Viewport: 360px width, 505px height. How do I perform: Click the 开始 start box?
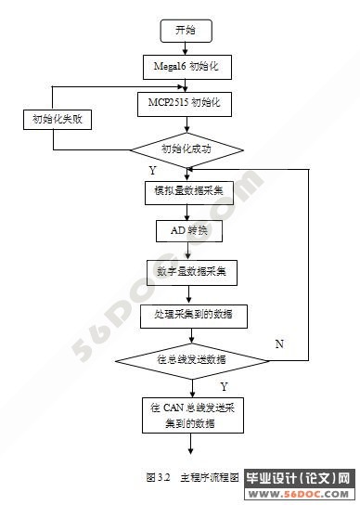click(186, 30)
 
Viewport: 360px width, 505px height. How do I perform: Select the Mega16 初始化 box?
click(186, 67)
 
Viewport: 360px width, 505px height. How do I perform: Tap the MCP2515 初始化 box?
click(186, 99)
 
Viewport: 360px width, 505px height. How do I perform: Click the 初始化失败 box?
click(52, 120)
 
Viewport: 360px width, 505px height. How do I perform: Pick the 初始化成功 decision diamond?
click(186, 149)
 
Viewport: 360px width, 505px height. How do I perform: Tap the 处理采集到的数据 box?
click(192, 316)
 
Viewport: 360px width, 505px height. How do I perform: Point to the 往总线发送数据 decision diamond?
click(190, 358)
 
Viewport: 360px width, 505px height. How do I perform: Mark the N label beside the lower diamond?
click(278, 343)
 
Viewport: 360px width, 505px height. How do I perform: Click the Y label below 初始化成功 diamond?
click(152, 172)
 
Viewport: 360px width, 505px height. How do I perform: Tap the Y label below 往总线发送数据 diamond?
click(223, 384)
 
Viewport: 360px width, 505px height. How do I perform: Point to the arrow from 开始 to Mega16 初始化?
click(186, 48)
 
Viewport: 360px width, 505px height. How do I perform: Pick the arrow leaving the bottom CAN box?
click(191, 446)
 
